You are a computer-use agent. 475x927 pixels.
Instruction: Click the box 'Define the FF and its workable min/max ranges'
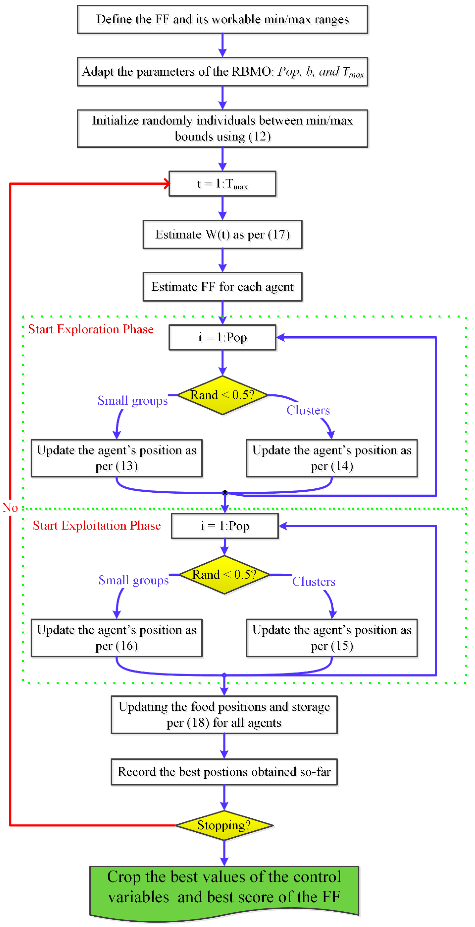point(222,19)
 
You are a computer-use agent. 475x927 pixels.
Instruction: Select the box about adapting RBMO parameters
point(222,72)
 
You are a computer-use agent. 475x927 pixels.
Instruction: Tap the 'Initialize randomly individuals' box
point(222,128)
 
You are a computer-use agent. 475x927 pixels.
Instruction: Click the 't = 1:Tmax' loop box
point(222,184)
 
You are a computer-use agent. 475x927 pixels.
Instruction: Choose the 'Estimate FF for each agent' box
point(222,287)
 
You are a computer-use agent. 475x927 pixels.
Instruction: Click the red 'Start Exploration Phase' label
point(91,329)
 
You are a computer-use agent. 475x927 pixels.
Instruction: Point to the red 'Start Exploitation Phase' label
point(97,525)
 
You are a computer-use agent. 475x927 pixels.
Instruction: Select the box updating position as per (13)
point(117,458)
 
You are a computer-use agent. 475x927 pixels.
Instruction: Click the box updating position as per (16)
point(117,638)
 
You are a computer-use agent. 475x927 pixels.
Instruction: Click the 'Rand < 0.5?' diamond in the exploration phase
point(222,395)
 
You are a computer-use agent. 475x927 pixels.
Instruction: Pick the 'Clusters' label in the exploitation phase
point(314,582)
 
